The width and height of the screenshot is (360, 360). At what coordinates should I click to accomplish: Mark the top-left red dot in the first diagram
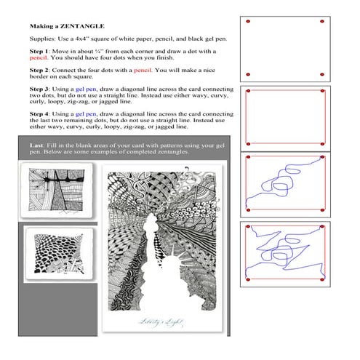(249, 21)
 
